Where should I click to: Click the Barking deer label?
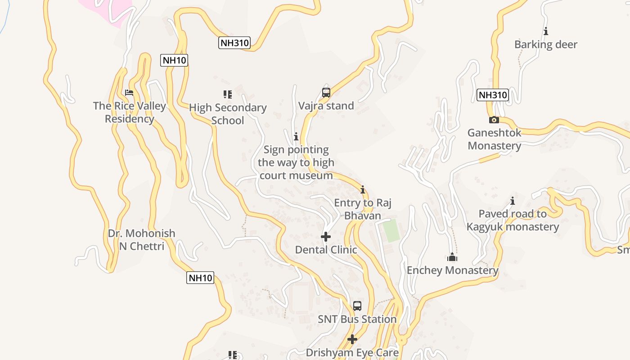pyautogui.click(x=545, y=45)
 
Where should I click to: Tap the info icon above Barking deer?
pyautogui.click(x=546, y=31)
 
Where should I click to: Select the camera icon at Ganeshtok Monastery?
pyautogui.click(x=494, y=120)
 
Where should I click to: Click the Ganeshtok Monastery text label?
pyautogui.click(x=494, y=139)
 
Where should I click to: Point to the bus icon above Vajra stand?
pyautogui.click(x=326, y=93)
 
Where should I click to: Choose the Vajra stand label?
pyautogui.click(x=326, y=106)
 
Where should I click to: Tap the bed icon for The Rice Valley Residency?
pyautogui.click(x=129, y=93)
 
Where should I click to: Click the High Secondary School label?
pyautogui.click(x=228, y=114)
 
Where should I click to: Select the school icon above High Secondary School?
pyautogui.click(x=228, y=94)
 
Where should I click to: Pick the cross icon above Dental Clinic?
pyautogui.click(x=326, y=237)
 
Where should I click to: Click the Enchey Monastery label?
pyautogui.click(x=452, y=270)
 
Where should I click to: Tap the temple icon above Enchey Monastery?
pyautogui.click(x=452, y=257)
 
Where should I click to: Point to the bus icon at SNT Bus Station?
pyautogui.click(x=357, y=306)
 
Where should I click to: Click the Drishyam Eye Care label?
pyautogui.click(x=352, y=352)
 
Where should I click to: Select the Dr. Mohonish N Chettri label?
pyautogui.click(x=142, y=240)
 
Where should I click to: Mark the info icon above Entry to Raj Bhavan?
pyautogui.click(x=363, y=189)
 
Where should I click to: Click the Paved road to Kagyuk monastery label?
pyautogui.click(x=513, y=220)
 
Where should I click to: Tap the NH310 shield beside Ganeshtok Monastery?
pyautogui.click(x=492, y=95)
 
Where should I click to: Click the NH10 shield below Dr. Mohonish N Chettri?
pyautogui.click(x=200, y=278)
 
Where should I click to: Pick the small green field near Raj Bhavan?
pyautogui.click(x=391, y=230)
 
